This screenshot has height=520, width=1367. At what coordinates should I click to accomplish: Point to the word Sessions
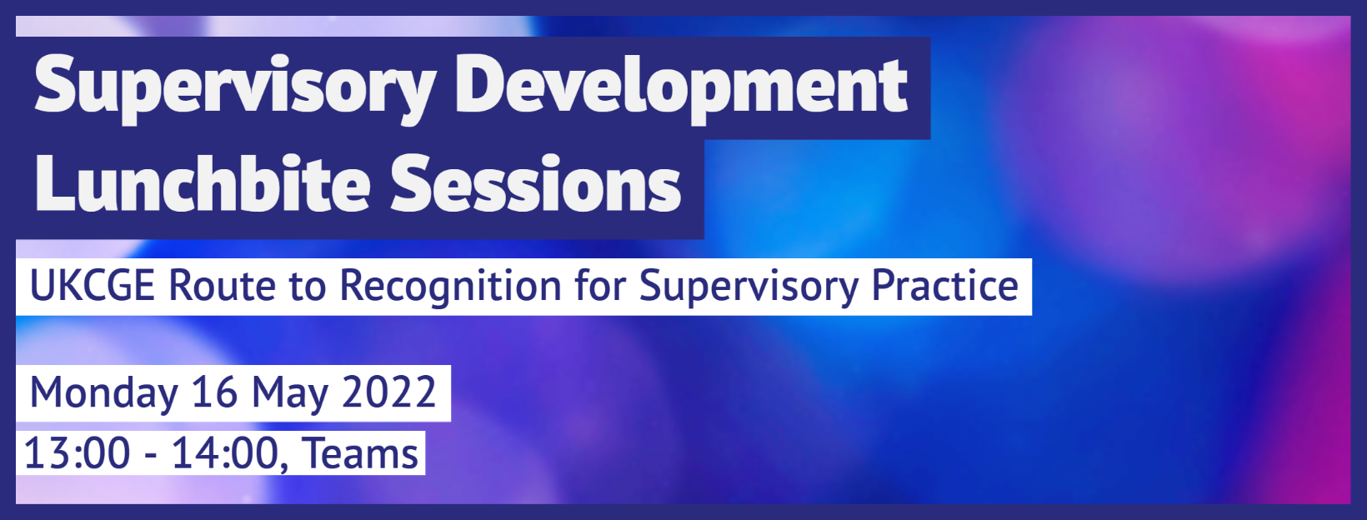[x=535, y=183]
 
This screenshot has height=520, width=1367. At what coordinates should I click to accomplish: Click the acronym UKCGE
[x=93, y=286]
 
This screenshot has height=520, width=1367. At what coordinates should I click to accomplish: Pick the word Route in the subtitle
[x=222, y=286]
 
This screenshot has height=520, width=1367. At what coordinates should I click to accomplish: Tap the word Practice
[x=944, y=286]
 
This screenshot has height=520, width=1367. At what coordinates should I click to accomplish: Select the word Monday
[x=103, y=394]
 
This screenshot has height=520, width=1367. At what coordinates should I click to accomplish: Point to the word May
[x=290, y=394]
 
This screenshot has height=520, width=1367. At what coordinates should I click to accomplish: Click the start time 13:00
[x=77, y=453]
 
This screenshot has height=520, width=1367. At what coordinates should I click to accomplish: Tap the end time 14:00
[x=226, y=453]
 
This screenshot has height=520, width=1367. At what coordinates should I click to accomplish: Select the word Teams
[x=360, y=453]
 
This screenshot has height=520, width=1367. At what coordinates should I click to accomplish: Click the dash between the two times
[x=151, y=457]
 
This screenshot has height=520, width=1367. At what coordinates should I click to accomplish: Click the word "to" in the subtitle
[x=308, y=287]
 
